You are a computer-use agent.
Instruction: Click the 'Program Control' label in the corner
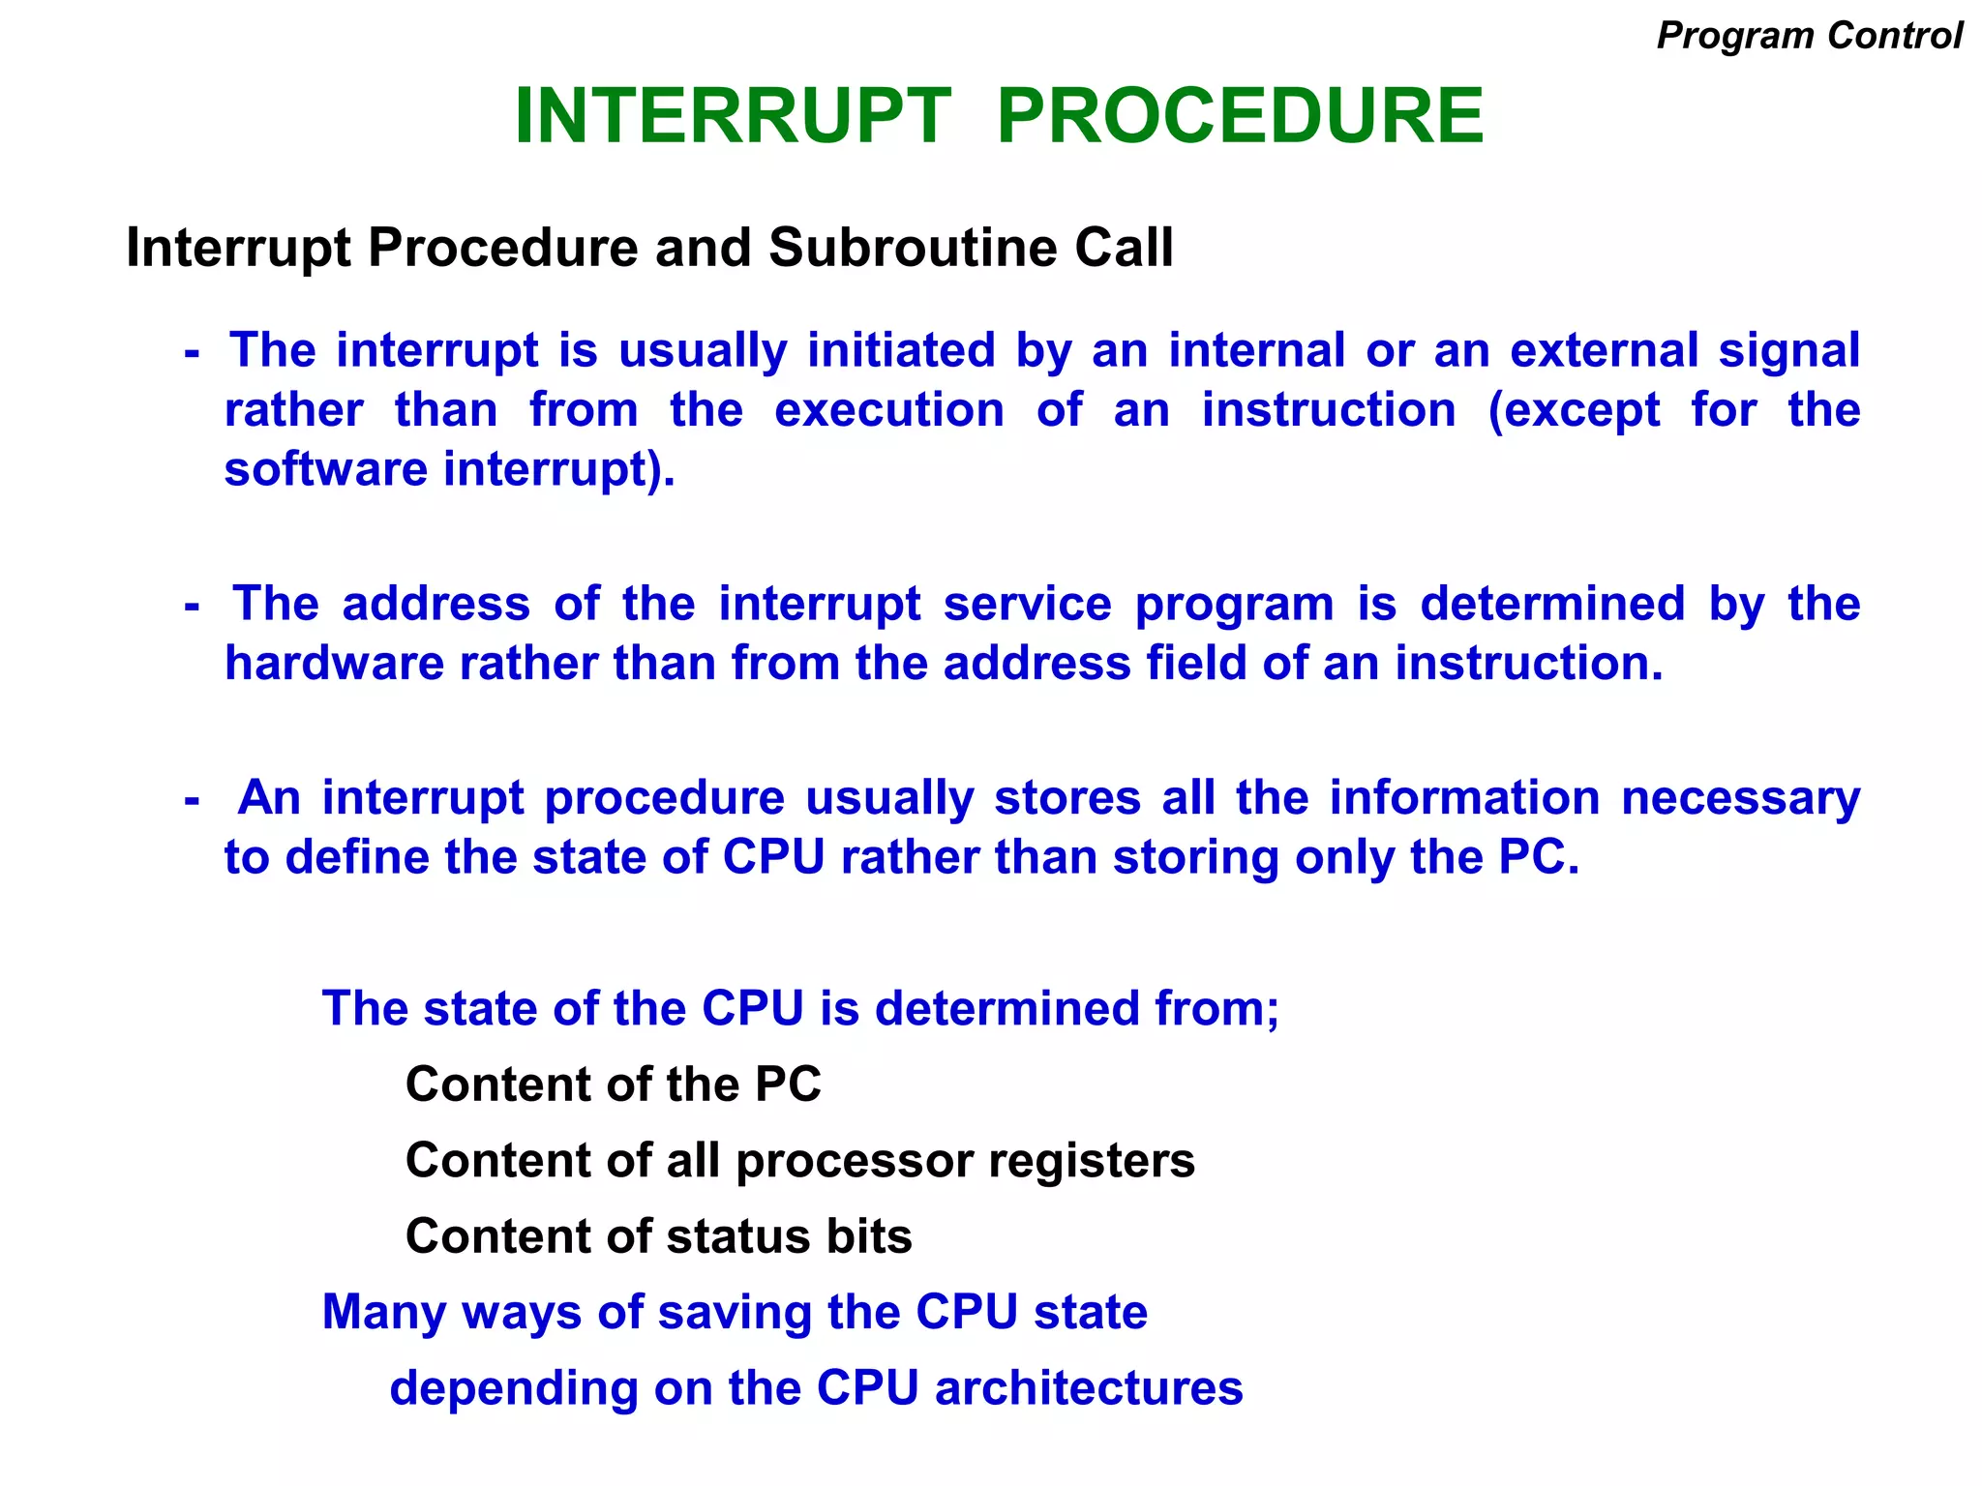click(1809, 36)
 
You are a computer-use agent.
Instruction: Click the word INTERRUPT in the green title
click(733, 116)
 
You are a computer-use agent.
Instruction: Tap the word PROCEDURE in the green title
click(1240, 116)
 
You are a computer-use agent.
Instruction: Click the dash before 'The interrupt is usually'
click(192, 352)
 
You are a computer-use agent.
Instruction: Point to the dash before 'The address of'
click(192, 607)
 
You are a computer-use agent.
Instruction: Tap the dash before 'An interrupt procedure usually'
click(192, 800)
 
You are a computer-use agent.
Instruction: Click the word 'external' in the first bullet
click(1604, 350)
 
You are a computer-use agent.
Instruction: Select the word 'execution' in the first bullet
click(889, 410)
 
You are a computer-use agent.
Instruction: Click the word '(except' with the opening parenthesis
click(1574, 410)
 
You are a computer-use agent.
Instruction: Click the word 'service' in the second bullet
click(1027, 605)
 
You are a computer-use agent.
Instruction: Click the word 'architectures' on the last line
click(1089, 1388)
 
